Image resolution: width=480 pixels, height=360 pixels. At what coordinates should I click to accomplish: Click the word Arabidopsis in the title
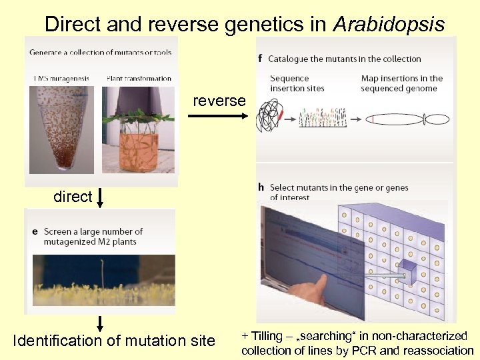(x=388, y=24)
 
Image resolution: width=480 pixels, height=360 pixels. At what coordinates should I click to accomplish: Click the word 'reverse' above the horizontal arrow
(x=219, y=101)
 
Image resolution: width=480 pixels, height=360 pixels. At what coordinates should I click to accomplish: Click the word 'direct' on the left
(x=73, y=197)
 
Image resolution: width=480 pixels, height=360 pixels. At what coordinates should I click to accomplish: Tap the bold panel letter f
(x=260, y=59)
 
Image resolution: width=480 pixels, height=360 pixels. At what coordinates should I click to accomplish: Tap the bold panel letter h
(x=261, y=187)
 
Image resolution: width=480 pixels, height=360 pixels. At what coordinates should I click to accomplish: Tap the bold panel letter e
(x=35, y=231)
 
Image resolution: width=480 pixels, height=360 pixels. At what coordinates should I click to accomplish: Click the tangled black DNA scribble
(x=273, y=117)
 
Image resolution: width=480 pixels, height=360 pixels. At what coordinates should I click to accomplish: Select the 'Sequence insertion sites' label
(x=299, y=83)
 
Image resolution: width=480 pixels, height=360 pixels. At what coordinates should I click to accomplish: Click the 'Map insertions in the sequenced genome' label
(x=401, y=83)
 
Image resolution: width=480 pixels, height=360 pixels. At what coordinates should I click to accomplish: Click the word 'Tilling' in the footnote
(x=266, y=337)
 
